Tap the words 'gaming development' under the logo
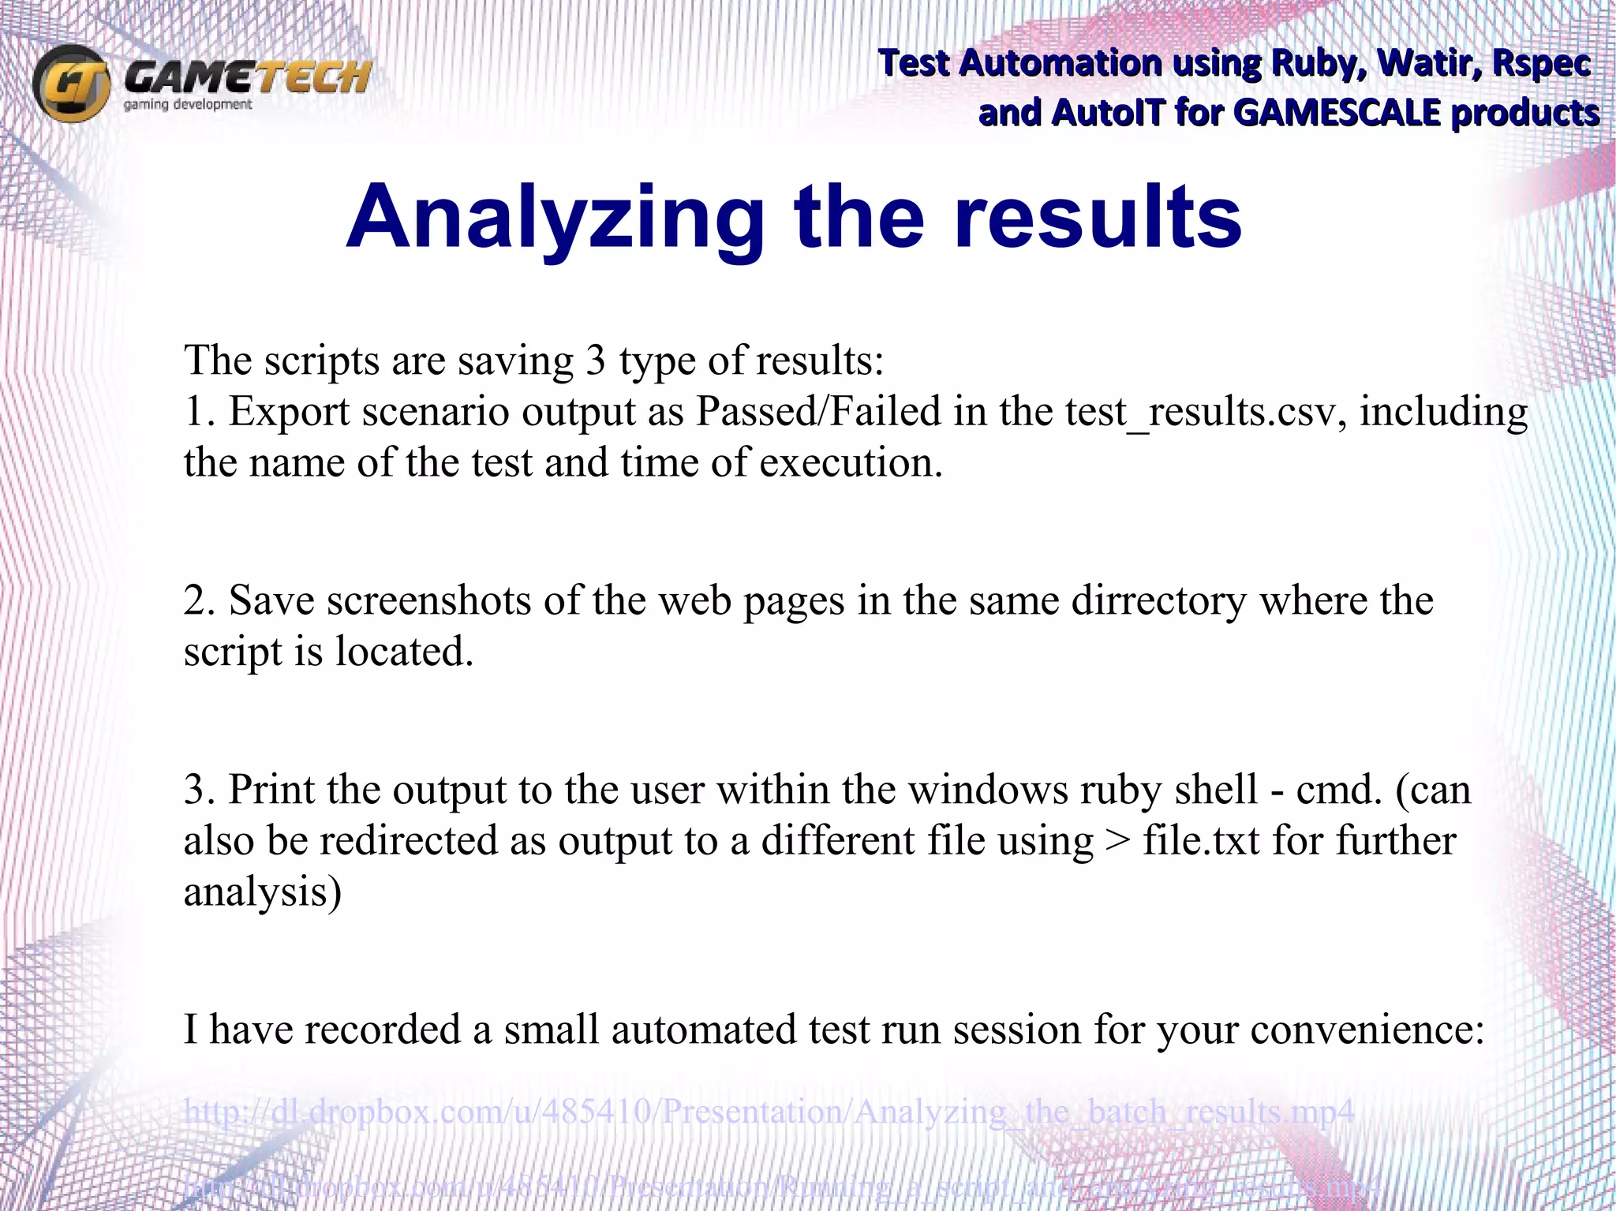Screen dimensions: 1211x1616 pyautogui.click(x=188, y=105)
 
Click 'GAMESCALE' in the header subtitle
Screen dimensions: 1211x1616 pyautogui.click(x=1336, y=113)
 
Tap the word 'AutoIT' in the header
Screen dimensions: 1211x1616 pyautogui.click(x=1108, y=113)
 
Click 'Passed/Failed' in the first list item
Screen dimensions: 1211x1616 pyautogui.click(x=817, y=412)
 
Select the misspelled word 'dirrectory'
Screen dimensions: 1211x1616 pyautogui.click(x=1159, y=601)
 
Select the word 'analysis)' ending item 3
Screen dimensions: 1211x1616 pyautogui.click(x=263, y=892)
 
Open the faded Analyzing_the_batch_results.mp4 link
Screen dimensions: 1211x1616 pyautogui.click(x=769, y=1112)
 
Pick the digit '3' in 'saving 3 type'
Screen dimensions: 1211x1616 pyautogui.click(x=596, y=361)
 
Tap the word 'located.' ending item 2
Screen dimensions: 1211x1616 pyautogui.click(x=404, y=652)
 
